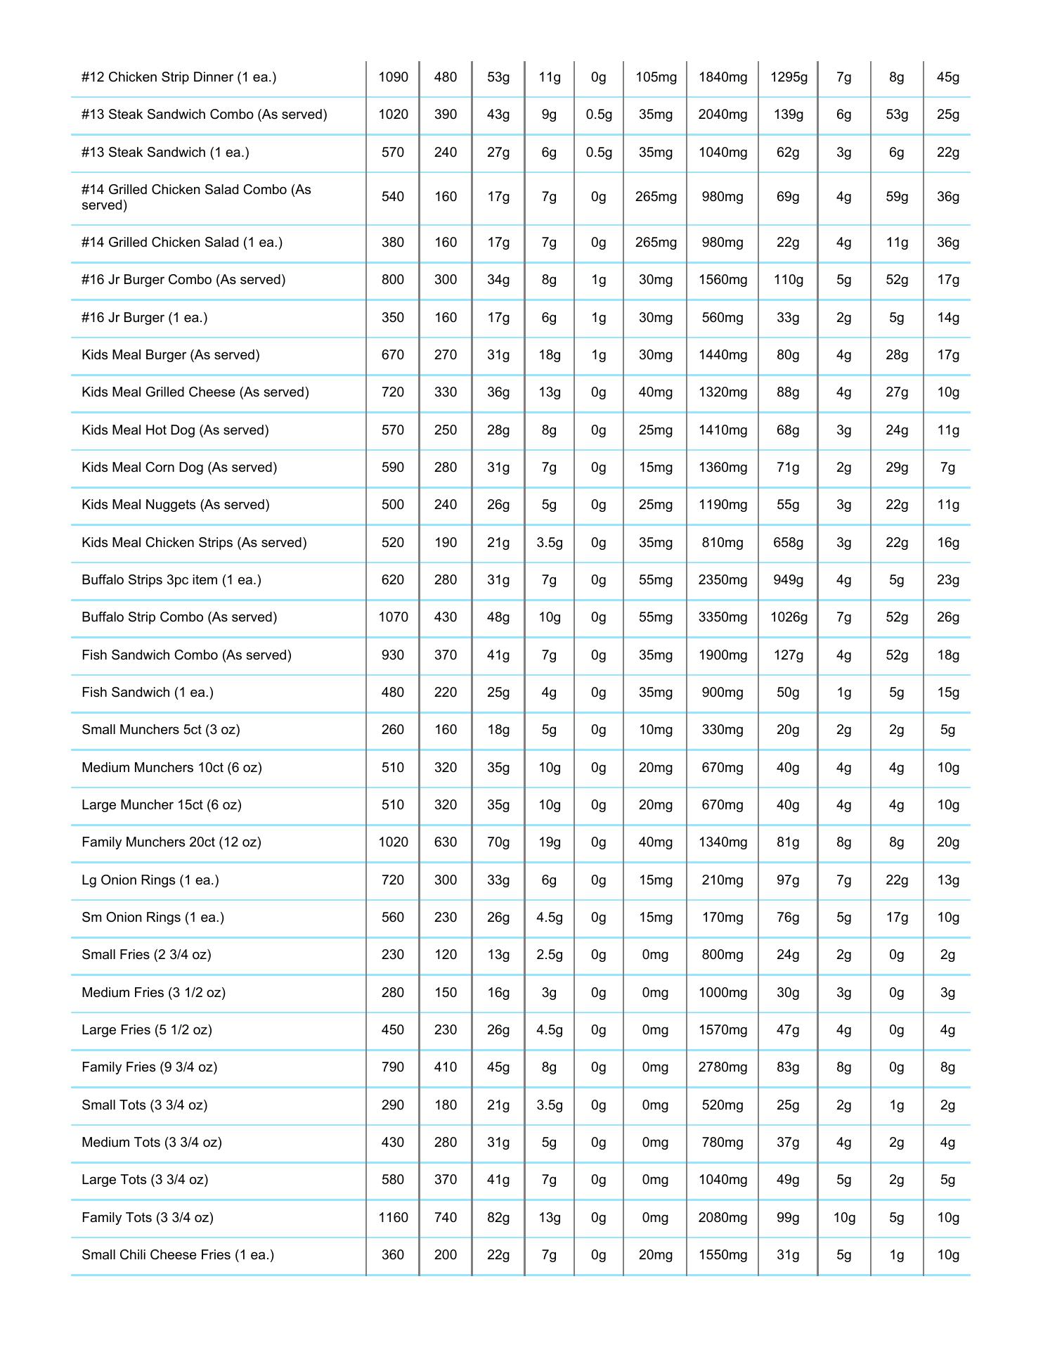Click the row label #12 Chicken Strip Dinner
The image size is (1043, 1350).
point(179,77)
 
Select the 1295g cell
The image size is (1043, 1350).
point(789,77)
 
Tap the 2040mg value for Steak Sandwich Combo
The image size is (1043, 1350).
point(723,115)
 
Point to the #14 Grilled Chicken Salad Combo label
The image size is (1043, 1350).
point(196,197)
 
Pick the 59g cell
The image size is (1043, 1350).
point(897,197)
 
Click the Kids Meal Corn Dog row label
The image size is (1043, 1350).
point(179,468)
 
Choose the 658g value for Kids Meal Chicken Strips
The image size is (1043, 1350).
point(789,543)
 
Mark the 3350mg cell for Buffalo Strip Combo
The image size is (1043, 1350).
point(723,617)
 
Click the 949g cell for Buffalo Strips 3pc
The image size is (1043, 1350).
point(789,580)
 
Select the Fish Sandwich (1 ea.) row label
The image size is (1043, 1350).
point(148,693)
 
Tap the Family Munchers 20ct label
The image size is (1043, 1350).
point(171,842)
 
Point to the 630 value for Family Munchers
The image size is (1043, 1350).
point(446,842)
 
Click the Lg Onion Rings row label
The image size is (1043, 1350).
point(150,880)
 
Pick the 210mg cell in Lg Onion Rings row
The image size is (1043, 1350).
point(723,880)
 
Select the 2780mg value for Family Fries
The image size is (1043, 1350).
point(723,1067)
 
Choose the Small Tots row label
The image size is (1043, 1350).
point(144,1105)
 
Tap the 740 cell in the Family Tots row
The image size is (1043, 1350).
point(446,1218)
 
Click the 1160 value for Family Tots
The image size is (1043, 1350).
point(393,1218)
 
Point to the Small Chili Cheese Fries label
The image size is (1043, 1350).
point(178,1255)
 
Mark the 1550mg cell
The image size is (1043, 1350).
point(723,1255)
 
